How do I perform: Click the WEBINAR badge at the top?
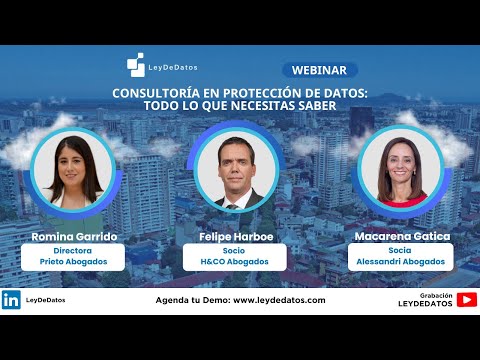coord(320,70)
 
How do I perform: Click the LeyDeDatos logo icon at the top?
coord(135,66)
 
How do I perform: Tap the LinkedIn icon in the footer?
coord(11,299)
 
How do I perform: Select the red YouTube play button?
coord(466,299)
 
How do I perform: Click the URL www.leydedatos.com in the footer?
coord(272,300)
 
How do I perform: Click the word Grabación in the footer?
coord(437,294)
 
